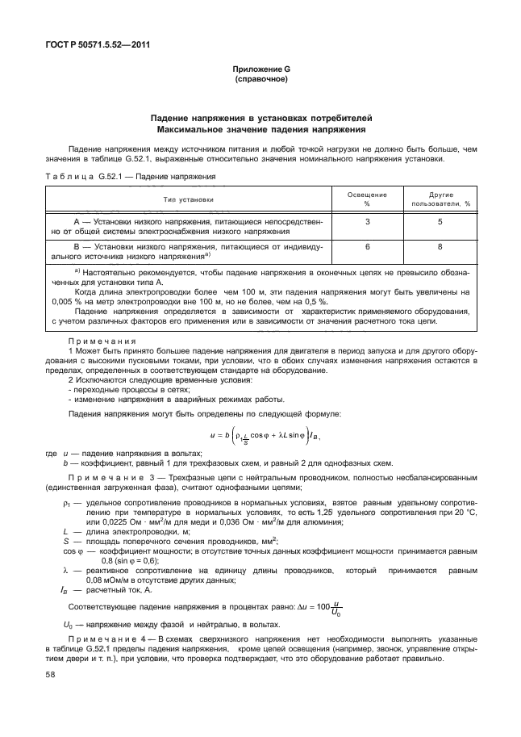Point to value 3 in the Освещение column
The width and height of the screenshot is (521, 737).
pos(367,221)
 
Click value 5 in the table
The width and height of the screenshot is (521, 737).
pos(440,221)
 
